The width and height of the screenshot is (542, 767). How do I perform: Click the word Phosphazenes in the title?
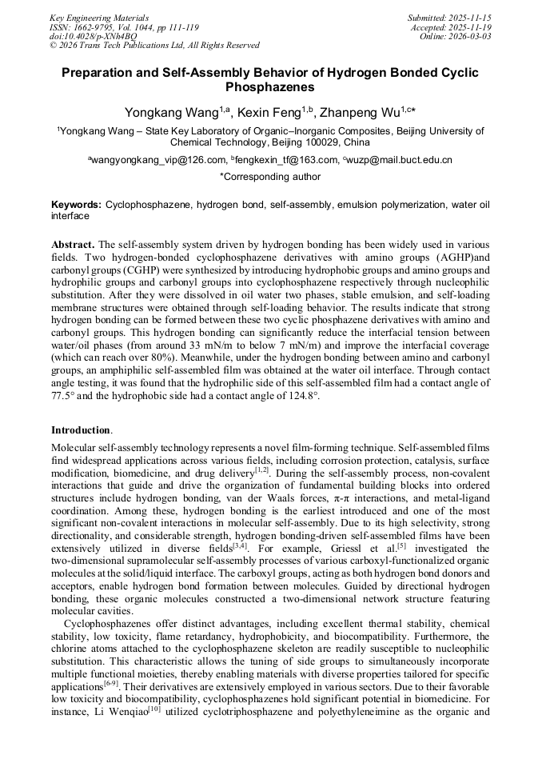[x=270, y=86]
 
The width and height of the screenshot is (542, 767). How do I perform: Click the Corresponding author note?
[x=270, y=177]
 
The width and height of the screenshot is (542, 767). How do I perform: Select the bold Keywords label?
[x=76, y=205]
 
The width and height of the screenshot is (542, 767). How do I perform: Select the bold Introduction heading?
[x=81, y=430]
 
